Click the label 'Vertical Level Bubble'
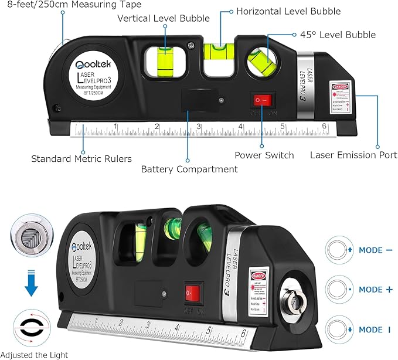click(x=164, y=18)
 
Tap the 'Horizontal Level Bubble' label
click(x=288, y=11)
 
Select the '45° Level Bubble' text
click(x=338, y=35)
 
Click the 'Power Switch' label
click(x=264, y=155)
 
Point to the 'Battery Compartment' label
click(x=189, y=169)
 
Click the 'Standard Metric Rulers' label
click(x=81, y=158)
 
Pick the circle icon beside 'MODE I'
click(x=341, y=330)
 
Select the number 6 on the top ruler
click(x=324, y=127)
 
